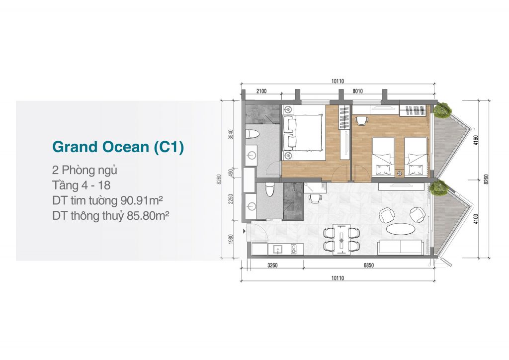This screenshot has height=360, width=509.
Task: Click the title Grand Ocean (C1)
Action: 118,147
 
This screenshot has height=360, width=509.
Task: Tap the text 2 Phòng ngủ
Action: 85,171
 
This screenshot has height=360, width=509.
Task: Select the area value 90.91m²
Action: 142,200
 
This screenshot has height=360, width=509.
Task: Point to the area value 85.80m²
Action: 148,215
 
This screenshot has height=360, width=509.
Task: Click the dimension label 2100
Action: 261,91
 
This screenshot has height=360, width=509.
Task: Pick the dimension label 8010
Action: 357,91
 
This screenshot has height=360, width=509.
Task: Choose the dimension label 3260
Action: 272,265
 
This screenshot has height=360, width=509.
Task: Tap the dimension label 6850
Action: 368,265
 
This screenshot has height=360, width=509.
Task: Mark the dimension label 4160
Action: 476,140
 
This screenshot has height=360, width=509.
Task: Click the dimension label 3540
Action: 231,134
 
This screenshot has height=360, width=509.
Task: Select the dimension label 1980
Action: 231,239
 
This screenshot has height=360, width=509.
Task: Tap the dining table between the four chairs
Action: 341,239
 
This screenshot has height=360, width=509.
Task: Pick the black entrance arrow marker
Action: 244,231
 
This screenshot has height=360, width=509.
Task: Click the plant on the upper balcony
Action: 441,109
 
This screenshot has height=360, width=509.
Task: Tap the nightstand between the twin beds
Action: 399,173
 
